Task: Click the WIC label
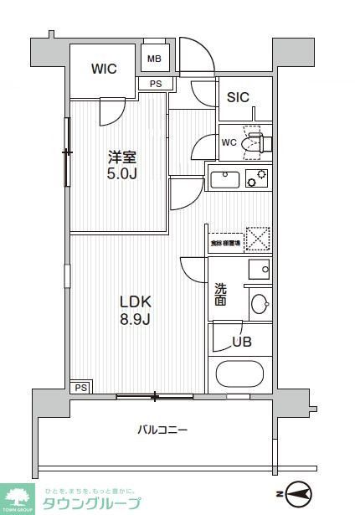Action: [x=105, y=69]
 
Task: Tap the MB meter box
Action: [x=155, y=59]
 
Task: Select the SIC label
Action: [x=239, y=97]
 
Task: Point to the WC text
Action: [x=229, y=142]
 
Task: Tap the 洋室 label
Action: [x=121, y=157]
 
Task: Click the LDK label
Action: [x=133, y=301]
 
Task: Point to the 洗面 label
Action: [x=220, y=292]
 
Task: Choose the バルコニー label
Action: [x=162, y=430]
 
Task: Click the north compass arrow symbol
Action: [x=297, y=492]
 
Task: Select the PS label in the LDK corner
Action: [x=81, y=388]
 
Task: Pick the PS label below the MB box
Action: [x=156, y=84]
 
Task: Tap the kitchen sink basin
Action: [x=225, y=178]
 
